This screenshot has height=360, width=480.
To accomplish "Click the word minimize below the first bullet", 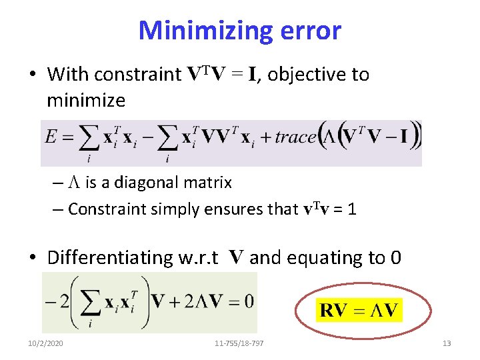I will click(86, 101).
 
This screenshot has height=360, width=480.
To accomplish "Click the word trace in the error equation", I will click(295, 137).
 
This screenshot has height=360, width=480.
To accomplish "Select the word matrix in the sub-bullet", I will click(207, 183).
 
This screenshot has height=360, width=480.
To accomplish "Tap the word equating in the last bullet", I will click(317, 257).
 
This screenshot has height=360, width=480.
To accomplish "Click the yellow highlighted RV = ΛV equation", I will click(359, 310).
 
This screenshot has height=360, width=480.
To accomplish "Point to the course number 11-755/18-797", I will click(239, 343).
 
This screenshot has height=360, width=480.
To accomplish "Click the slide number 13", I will click(447, 343).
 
